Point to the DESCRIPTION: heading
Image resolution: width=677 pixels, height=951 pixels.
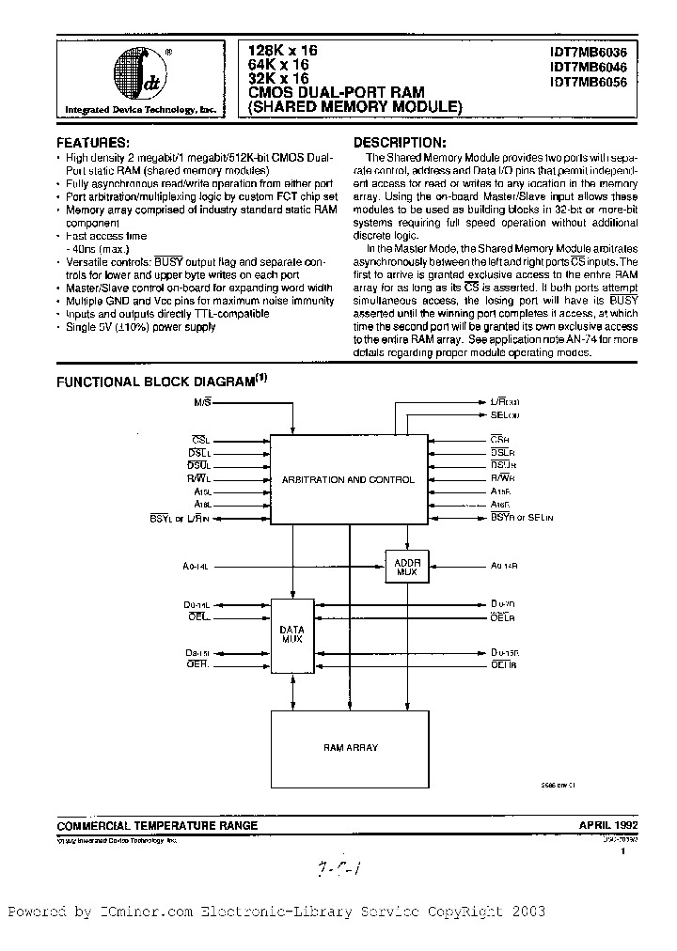coord(401,139)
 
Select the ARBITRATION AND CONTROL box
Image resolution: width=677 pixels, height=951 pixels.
coord(348,479)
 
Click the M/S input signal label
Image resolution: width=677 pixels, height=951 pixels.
coord(203,402)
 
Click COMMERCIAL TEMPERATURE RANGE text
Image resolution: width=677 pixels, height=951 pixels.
coord(157,825)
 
